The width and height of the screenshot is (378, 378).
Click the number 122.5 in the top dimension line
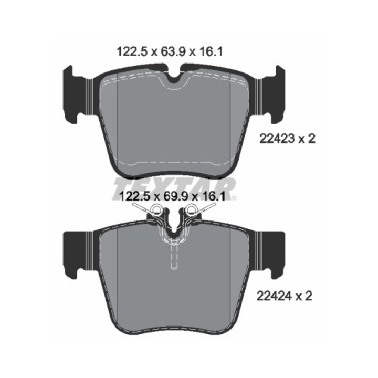click(x=132, y=52)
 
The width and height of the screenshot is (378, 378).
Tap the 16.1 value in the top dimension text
click(x=210, y=52)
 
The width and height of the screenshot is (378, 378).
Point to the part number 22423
click(x=277, y=139)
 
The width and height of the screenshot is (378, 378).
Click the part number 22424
click(x=275, y=296)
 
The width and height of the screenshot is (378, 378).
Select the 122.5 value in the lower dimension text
click(x=135, y=196)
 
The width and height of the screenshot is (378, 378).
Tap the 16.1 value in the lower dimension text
click(x=214, y=196)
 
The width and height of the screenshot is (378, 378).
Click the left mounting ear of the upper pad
click(x=77, y=94)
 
